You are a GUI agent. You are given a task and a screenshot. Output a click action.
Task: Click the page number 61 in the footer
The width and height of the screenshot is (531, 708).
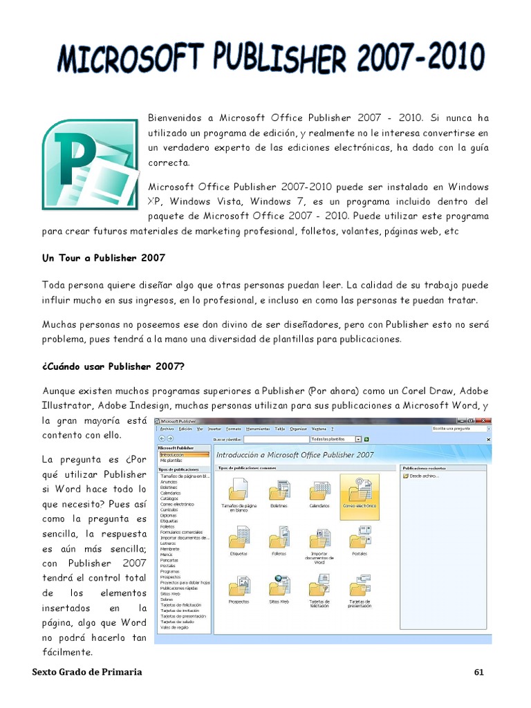click(x=479, y=672)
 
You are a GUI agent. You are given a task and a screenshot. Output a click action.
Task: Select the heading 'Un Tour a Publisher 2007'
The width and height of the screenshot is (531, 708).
click(x=104, y=258)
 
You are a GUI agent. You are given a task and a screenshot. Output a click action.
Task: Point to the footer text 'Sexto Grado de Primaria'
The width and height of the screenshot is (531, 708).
click(x=88, y=672)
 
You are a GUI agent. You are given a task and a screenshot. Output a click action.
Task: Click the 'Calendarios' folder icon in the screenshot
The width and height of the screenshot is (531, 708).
click(x=319, y=492)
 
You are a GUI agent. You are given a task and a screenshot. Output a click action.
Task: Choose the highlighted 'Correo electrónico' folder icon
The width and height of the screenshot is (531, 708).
click(x=360, y=492)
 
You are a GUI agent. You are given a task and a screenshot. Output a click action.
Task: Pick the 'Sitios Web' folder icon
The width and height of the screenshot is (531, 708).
click(x=279, y=586)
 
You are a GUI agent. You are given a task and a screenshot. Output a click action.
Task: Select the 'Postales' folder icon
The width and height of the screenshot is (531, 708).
click(x=360, y=538)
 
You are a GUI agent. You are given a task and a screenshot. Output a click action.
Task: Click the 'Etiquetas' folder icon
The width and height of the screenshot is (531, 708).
click(x=239, y=538)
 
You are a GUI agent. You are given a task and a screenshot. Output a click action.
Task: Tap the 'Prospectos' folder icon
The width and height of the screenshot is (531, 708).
click(x=239, y=586)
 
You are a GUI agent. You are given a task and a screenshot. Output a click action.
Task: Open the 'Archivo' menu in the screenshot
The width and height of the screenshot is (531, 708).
click(x=167, y=429)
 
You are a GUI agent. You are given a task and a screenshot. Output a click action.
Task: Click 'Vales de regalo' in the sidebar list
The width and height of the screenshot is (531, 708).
click(x=175, y=628)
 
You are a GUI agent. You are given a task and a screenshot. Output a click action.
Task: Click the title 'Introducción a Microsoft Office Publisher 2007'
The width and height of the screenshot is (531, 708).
click(x=295, y=455)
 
